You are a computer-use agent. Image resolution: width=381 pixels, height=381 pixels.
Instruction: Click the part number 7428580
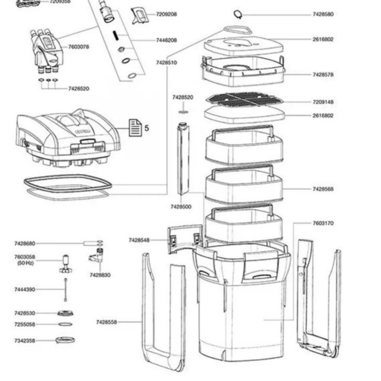(x=323, y=15)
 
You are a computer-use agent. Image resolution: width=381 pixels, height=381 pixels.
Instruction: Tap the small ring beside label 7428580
(x=237, y=14)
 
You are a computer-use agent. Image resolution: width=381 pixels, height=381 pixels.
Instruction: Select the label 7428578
(x=323, y=75)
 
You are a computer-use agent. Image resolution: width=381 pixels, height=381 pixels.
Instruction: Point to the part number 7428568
(x=323, y=189)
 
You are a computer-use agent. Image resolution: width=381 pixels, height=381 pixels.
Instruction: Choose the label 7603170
(x=323, y=223)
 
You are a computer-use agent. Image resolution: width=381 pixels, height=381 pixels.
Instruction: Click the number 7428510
(x=166, y=63)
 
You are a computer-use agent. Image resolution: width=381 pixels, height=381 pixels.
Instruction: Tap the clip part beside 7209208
(x=138, y=15)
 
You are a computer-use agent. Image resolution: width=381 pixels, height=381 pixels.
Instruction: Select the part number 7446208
(x=166, y=40)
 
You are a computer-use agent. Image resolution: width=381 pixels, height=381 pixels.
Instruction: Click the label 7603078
(x=78, y=47)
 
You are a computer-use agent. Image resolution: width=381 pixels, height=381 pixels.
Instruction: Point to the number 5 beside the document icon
(x=147, y=127)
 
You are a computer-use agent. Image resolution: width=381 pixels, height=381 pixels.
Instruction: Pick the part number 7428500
(x=181, y=207)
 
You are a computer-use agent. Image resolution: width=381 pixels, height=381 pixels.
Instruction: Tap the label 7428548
(x=139, y=240)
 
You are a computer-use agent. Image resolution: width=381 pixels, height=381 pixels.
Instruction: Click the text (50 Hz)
(x=25, y=263)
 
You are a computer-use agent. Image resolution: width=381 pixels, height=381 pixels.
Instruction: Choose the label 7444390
(x=25, y=289)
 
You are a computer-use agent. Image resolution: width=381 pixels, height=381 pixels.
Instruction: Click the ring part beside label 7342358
(x=65, y=340)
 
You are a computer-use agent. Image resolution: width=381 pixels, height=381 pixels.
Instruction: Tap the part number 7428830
(x=100, y=275)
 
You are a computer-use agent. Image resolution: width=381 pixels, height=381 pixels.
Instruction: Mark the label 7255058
(x=25, y=324)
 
